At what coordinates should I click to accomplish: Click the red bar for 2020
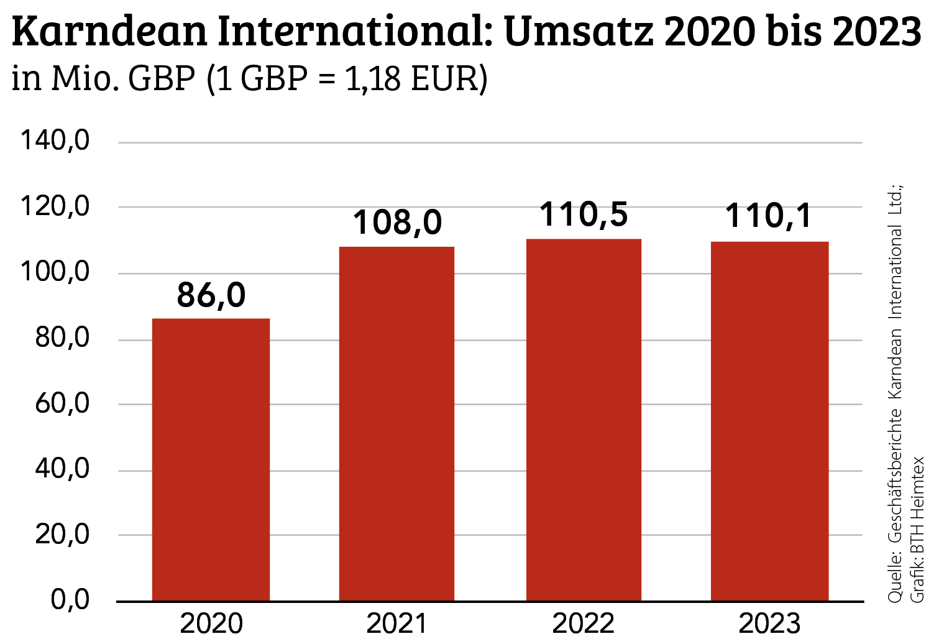(211, 459)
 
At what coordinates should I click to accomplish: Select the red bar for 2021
(396, 423)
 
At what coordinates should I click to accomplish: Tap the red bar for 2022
(584, 420)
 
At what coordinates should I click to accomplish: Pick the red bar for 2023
(769, 421)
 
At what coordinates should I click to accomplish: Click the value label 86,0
(211, 295)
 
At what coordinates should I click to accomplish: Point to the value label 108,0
(397, 223)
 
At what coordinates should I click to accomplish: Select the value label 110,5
(584, 214)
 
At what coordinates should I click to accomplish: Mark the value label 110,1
(769, 216)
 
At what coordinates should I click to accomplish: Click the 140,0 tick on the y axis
(55, 141)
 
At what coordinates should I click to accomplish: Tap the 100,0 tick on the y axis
(55, 272)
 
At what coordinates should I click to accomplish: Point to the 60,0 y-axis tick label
(62, 403)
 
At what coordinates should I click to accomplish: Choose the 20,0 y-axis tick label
(62, 534)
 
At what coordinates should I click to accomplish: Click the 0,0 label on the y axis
(70, 600)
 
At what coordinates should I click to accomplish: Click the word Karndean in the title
(109, 32)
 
